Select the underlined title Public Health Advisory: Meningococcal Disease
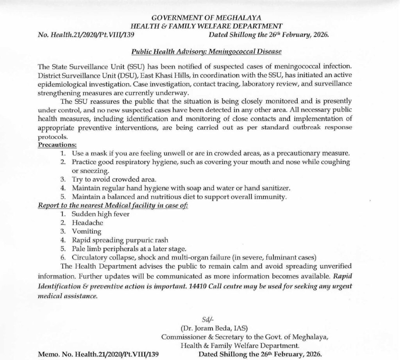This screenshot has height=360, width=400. [x=206, y=51]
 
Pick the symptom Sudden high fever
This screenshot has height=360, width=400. [x=100, y=214]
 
